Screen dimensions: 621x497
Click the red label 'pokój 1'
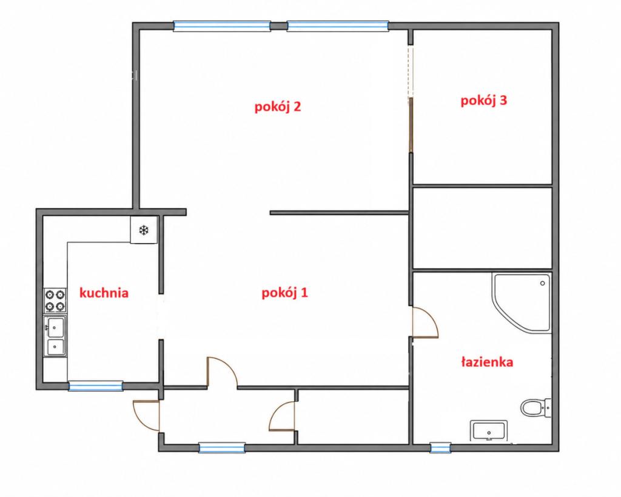pyautogui.click(x=284, y=293)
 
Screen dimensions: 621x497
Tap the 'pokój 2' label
pyautogui.click(x=278, y=107)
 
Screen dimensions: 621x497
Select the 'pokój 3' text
pyautogui.click(x=483, y=101)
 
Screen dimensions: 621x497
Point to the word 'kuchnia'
pyautogui.click(x=104, y=293)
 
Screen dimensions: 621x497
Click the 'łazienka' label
pyautogui.click(x=487, y=362)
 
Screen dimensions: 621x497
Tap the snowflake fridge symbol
pyautogui.click(x=143, y=230)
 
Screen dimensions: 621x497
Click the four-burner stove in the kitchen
pyautogui.click(x=55, y=301)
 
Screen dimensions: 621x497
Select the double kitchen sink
pyautogui.click(x=55, y=336)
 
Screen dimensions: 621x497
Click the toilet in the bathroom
pyautogui.click(x=535, y=407)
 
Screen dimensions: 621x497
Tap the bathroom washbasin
pyautogui.click(x=489, y=430)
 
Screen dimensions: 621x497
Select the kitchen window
pyautogui.click(x=95, y=386)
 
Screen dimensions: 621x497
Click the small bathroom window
pyautogui.click(x=440, y=447)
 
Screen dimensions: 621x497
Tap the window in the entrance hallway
pyautogui.click(x=222, y=447)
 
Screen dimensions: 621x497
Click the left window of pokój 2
pyautogui.click(x=222, y=26)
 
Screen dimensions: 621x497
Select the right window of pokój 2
pyautogui.click(x=337, y=26)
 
